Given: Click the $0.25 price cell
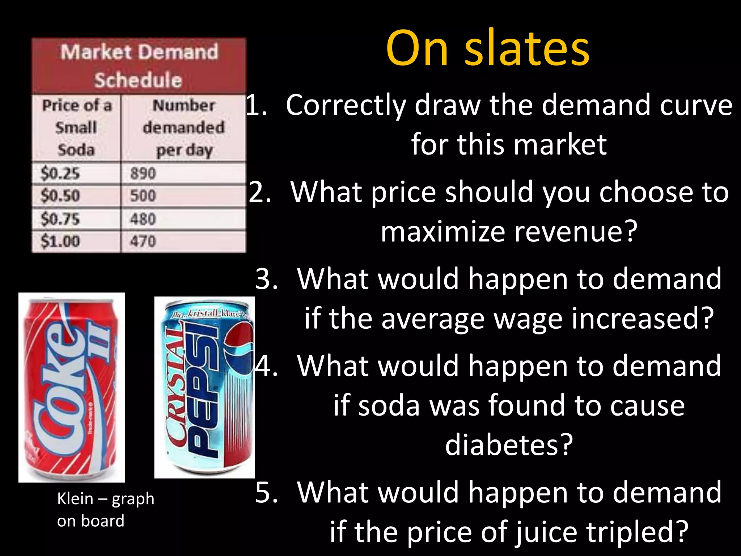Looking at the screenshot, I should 76,173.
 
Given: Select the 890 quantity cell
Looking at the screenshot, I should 183,173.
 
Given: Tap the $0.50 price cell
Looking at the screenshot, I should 76,196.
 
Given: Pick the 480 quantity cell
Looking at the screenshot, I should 183,219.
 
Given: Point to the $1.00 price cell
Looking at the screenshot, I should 76,241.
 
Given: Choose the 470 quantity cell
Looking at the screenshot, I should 183,241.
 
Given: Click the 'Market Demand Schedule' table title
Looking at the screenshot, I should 139,66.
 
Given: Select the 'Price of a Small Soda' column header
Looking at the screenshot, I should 76,127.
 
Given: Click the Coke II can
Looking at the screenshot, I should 72,387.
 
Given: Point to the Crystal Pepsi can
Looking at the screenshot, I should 204,387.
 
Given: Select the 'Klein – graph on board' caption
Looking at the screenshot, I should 105,510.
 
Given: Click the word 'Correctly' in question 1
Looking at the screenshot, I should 346,105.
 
